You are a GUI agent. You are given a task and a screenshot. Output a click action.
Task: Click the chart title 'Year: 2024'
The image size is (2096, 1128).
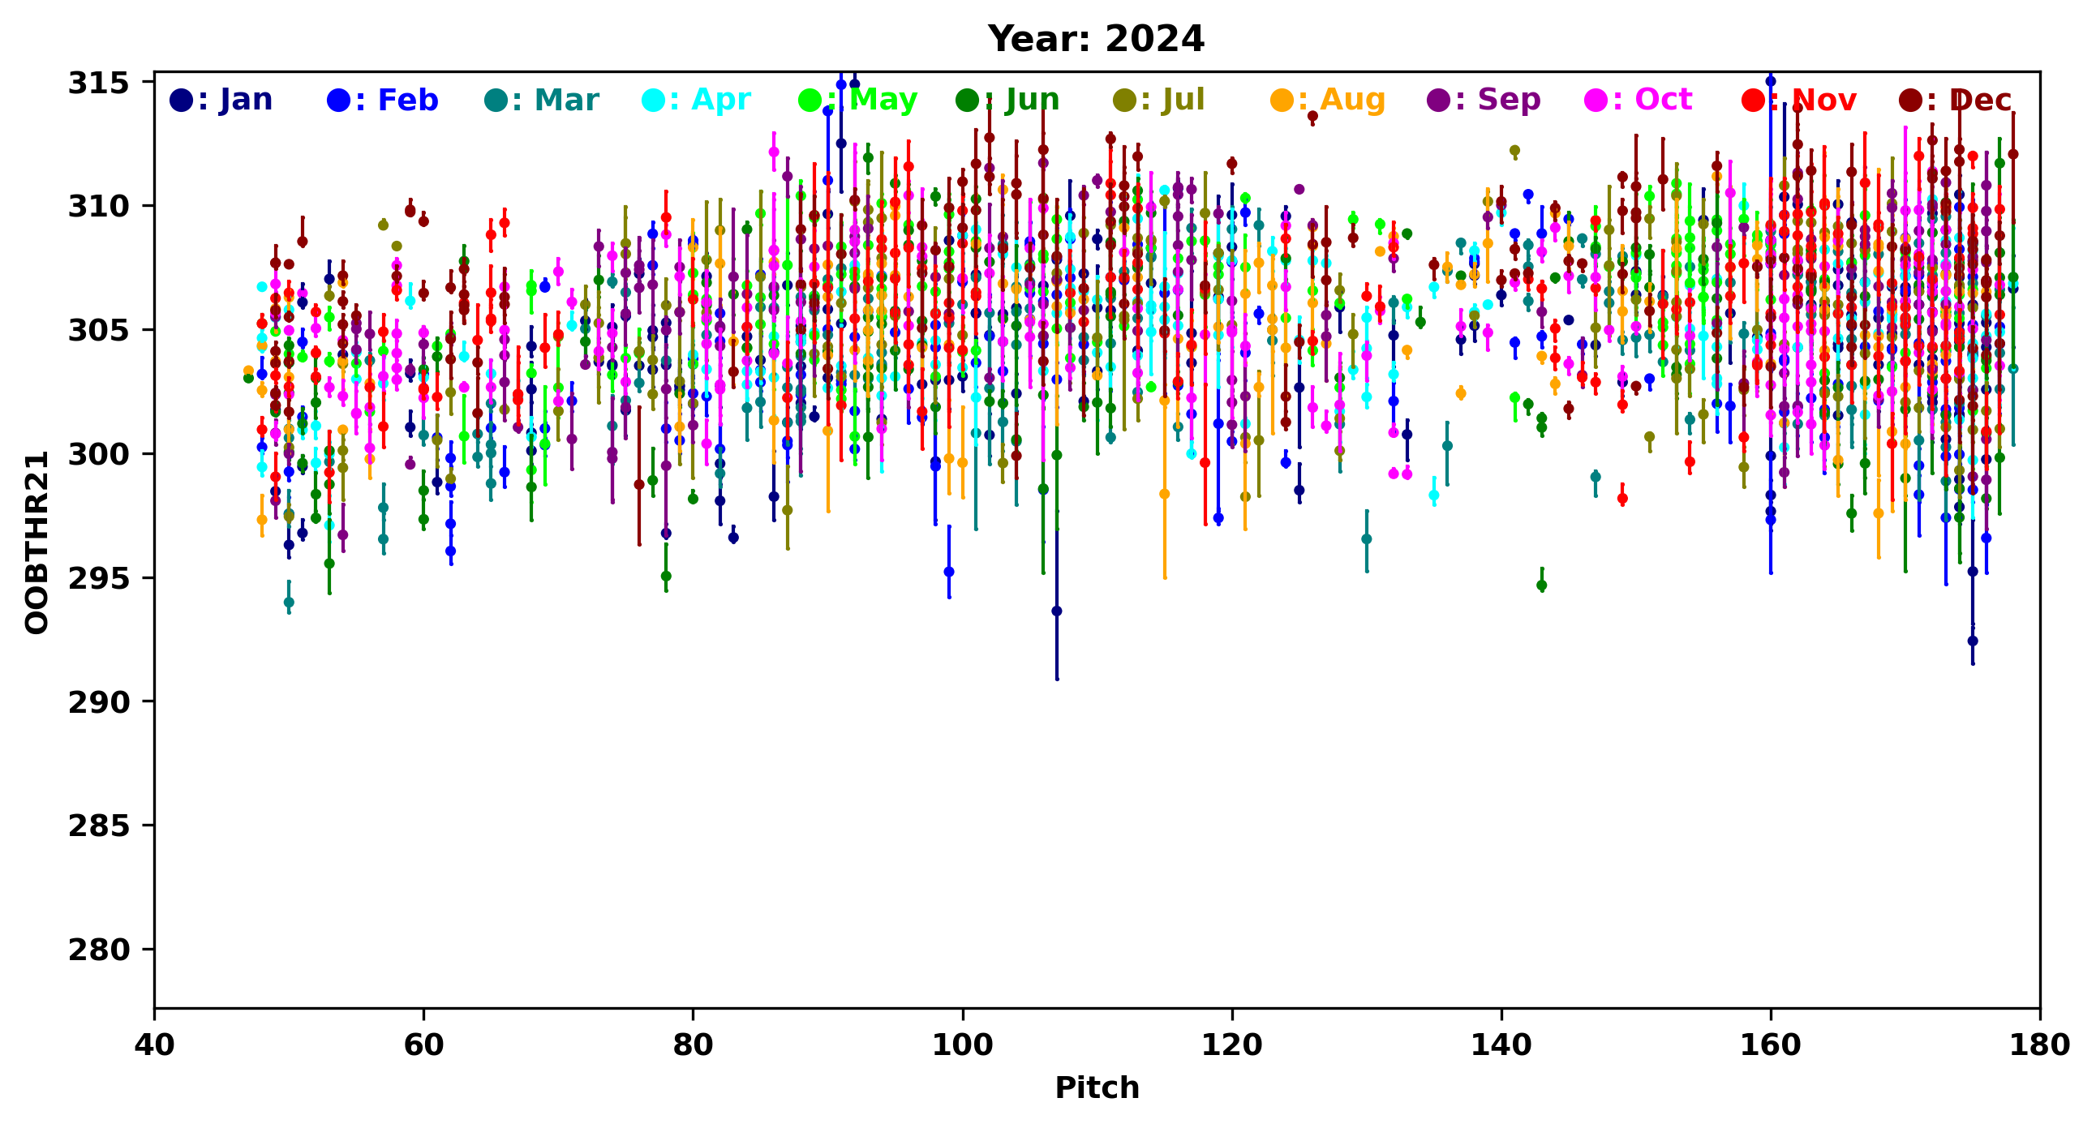pyautogui.click(x=1096, y=39)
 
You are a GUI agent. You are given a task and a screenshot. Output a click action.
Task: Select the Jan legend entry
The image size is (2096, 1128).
pyautogui.click(x=221, y=100)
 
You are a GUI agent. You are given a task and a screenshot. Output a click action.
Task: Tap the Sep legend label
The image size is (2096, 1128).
pyautogui.click(x=1484, y=100)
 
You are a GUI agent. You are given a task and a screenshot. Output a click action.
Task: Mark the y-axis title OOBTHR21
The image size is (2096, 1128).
pyautogui.click(x=37, y=543)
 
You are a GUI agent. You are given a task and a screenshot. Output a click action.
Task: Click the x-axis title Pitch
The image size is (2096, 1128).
pyautogui.click(x=1097, y=1088)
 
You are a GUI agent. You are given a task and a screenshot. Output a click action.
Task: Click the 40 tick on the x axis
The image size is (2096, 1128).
pyautogui.click(x=155, y=1044)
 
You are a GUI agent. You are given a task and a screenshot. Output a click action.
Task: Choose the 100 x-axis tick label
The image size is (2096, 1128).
pyautogui.click(x=963, y=1044)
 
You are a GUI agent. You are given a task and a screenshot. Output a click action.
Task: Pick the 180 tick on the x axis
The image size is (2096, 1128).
pyautogui.click(x=2039, y=1044)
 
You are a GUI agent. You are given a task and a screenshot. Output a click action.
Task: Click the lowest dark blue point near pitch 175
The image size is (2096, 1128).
pyautogui.click(x=1973, y=641)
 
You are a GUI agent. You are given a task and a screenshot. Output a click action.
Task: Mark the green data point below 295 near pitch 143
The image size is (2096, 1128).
pyautogui.click(x=1541, y=585)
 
